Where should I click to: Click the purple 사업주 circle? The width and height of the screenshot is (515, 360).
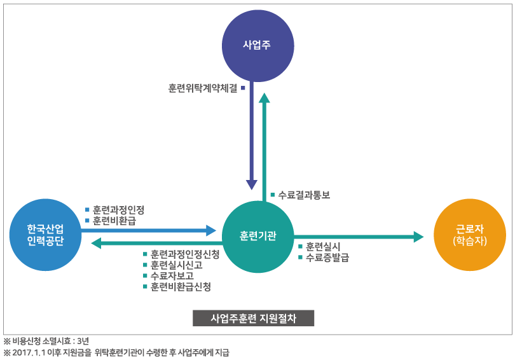pos(257,45)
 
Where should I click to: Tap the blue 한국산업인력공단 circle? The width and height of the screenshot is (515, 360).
pos(46,235)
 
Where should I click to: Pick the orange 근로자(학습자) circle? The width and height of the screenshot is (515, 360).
pos(469,235)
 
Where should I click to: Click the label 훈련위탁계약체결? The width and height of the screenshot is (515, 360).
pos(202,88)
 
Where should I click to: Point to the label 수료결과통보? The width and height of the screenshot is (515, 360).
pos(304,195)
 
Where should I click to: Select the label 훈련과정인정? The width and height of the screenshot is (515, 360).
pos(118,209)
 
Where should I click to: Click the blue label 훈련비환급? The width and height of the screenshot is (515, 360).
pos(114,221)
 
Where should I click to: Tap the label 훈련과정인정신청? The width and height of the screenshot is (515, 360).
pos(185,254)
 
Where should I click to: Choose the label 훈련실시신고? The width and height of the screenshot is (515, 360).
pos(177,265)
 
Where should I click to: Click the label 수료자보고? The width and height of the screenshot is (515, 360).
pos(172,276)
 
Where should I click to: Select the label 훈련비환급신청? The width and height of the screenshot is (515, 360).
pos(181,287)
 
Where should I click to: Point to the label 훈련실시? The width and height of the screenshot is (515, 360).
pos(323,246)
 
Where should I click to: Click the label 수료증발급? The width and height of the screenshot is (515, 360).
pos(327,258)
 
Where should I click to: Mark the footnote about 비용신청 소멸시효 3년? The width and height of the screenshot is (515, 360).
pos(46,342)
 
